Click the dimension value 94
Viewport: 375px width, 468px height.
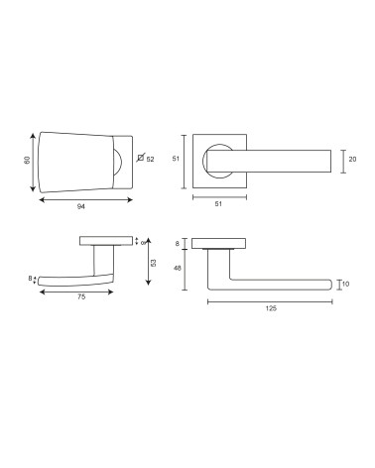[81, 206]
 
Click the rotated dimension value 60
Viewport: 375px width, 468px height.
[27, 160]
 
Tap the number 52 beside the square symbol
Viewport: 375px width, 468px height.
[150, 160]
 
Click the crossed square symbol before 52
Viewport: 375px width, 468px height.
[140, 158]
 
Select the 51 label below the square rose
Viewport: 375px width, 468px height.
[218, 204]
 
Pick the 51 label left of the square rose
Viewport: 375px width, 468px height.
[176, 159]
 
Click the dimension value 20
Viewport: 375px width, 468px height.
[353, 159]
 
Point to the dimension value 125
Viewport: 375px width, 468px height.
[271, 308]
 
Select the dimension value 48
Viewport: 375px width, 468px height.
[178, 268]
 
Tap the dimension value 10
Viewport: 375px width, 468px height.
[346, 284]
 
